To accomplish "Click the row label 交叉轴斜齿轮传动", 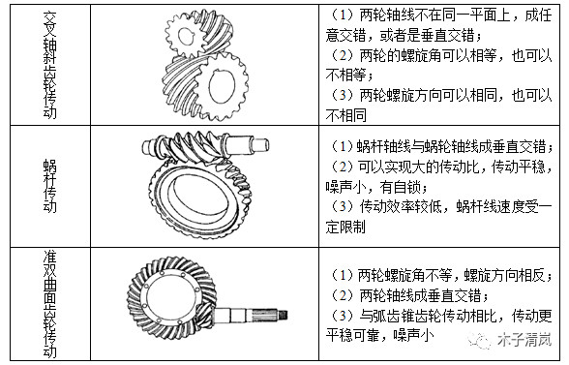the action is pos(50,65).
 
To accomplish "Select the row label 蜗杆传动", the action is pos(50,185).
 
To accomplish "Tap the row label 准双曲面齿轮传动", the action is pos(50,304).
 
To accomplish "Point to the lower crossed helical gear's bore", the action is pos(222,86).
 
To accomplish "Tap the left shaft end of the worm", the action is pos(149,147).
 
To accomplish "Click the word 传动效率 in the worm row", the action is pos(387,207).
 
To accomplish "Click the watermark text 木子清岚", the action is pos(524,340).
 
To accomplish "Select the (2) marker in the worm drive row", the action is pos(342,167).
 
